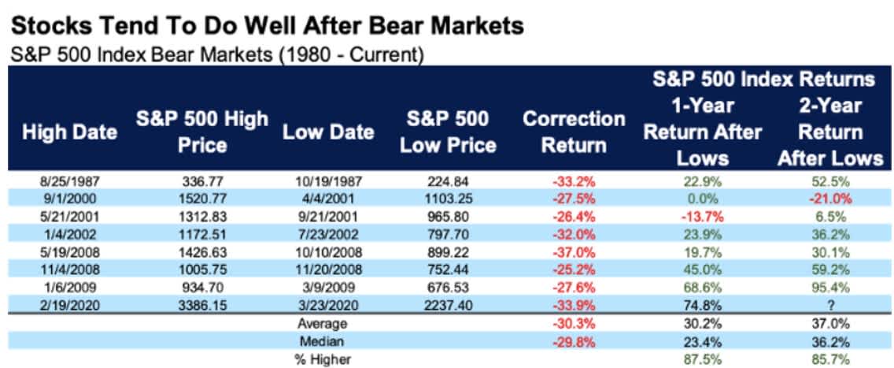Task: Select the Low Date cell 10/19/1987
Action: point(327,180)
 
